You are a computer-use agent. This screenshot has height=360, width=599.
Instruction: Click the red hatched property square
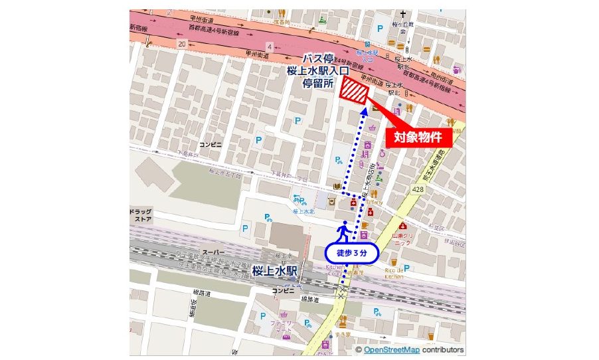pos(354,91)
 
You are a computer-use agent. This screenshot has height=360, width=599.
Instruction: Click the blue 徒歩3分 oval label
pos(351,252)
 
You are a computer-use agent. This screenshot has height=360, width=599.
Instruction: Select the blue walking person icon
pos(344,231)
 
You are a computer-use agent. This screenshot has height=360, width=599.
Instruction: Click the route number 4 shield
pos(269,46)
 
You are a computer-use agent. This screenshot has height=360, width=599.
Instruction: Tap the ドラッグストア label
pos(141,214)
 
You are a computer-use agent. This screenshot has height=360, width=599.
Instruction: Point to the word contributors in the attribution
pos(442,350)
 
